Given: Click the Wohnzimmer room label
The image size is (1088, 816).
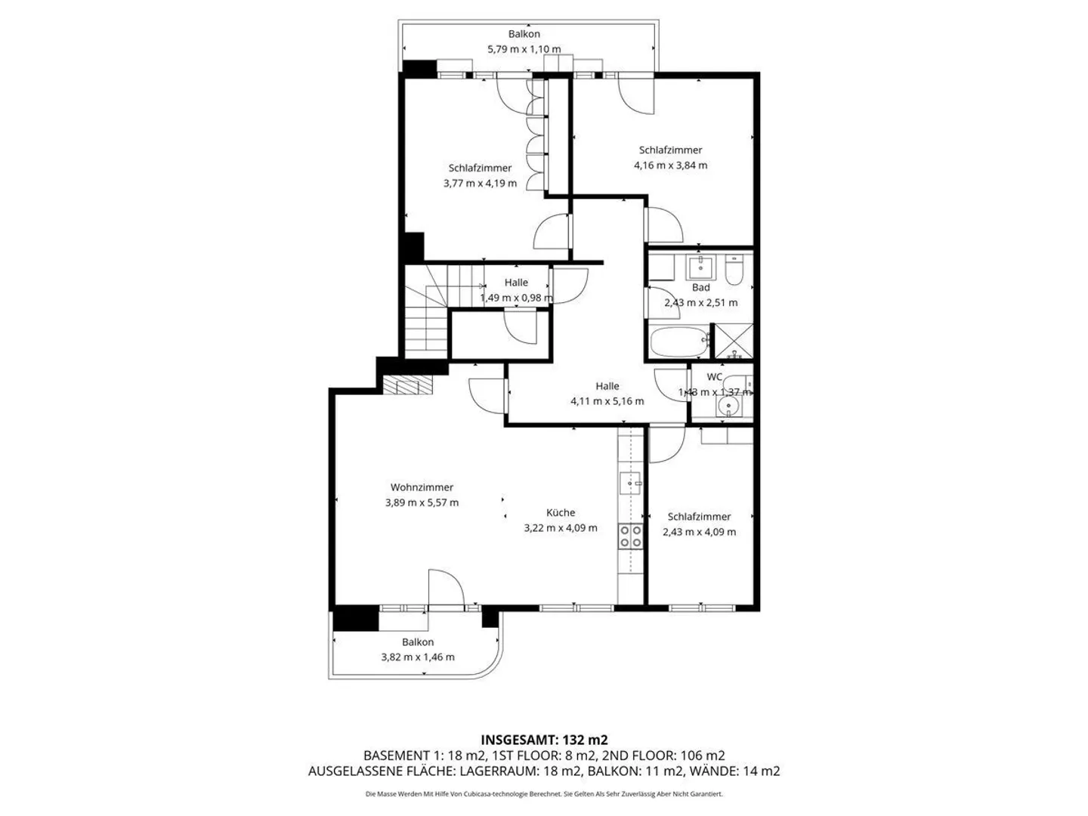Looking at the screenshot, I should click(422, 487).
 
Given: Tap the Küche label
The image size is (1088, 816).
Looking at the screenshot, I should click(561, 512).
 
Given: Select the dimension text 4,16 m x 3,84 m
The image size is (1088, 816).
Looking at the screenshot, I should click(670, 165).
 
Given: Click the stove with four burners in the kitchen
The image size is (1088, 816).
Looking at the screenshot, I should click(631, 536).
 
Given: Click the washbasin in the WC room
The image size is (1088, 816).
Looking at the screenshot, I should click(729, 407).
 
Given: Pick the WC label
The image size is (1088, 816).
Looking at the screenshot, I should click(715, 376).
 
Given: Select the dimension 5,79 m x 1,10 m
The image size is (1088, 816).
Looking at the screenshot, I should click(524, 49).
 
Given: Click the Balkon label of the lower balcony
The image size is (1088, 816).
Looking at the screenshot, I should click(418, 642).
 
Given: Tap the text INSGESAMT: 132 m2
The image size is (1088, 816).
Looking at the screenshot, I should click(544, 740).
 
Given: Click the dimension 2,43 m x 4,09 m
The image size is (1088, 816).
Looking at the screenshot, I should click(699, 531).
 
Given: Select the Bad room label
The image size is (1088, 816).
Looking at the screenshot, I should click(700, 287).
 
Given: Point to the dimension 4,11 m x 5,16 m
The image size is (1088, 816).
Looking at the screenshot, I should click(607, 401).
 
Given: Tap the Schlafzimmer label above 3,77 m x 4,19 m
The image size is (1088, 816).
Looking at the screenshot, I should click(480, 168).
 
